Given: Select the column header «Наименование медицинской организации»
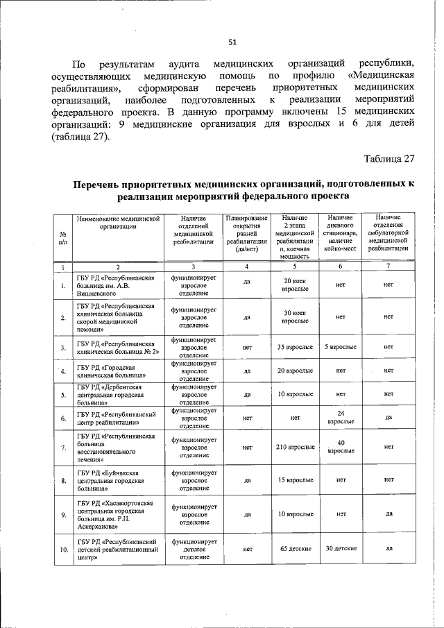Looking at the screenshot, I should pyautogui.click(x=119, y=222).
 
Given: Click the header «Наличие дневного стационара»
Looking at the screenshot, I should pyautogui.click(x=341, y=232).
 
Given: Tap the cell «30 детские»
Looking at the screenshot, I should pyautogui.click(x=341, y=548).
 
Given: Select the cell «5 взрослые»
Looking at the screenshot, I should pyautogui.click(x=341, y=346).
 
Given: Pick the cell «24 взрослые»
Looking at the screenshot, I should pyautogui.click(x=341, y=417).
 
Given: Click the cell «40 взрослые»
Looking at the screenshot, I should pyautogui.click(x=341, y=447).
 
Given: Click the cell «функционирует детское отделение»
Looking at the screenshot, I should pyautogui.click(x=195, y=548).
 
